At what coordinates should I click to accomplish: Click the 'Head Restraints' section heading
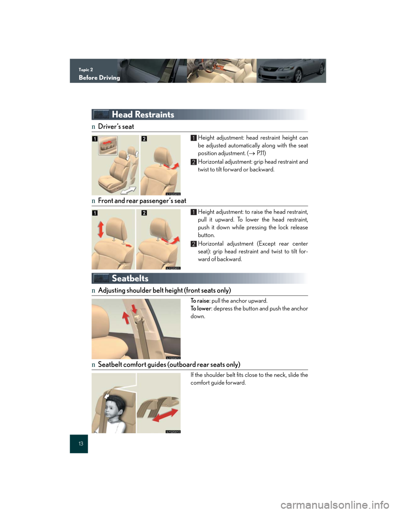(143, 115)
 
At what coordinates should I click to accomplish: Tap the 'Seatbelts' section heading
(130, 278)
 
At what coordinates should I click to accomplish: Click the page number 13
(81, 444)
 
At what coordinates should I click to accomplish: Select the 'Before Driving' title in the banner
(99, 78)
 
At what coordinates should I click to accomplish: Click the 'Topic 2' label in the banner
(86, 70)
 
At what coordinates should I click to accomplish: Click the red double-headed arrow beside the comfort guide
(165, 415)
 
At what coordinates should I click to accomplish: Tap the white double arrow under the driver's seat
(128, 190)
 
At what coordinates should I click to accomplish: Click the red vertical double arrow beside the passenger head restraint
(101, 230)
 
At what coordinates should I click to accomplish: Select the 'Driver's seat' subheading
(116, 127)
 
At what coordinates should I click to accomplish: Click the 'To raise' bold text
(200, 301)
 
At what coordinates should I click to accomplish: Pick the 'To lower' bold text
(200, 309)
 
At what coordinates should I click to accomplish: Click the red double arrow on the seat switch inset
(107, 142)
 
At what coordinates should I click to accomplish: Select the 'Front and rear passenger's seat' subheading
(142, 201)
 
